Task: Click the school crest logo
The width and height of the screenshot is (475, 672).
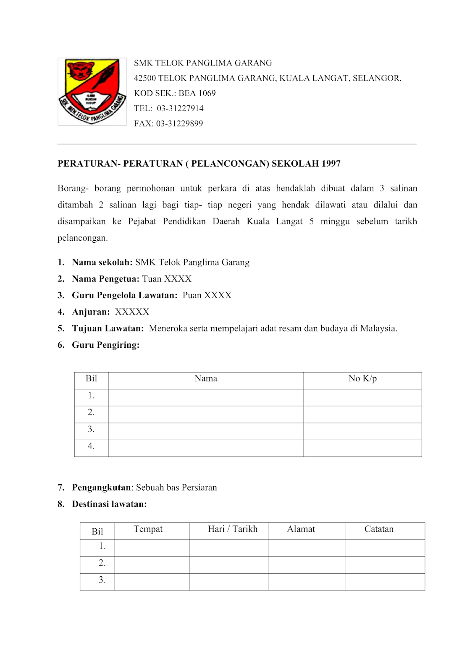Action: point(92,92)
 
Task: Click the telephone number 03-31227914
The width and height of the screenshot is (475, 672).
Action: point(180,108)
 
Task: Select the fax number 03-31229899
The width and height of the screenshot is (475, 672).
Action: point(179,123)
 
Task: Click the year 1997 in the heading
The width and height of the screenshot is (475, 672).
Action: point(331,164)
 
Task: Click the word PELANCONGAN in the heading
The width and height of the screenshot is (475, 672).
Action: point(230,164)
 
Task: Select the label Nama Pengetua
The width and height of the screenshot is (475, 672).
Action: point(105,279)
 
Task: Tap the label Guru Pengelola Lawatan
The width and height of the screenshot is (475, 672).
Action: point(124,295)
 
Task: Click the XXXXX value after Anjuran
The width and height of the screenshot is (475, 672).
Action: point(132,312)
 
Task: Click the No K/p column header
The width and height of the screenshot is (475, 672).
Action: point(362,378)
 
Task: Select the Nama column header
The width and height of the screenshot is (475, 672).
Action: point(206,378)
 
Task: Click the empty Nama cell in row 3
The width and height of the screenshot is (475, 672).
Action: point(206,431)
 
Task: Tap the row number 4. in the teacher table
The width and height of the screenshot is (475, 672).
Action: point(91,446)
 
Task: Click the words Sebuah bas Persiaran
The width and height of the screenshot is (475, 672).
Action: point(176,488)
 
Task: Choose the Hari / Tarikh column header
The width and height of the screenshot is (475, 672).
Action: point(232,529)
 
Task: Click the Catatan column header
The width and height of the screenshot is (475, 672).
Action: point(379,529)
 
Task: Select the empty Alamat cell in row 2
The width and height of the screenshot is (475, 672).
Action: point(307,565)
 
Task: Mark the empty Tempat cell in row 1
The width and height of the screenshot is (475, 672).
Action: point(152,548)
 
